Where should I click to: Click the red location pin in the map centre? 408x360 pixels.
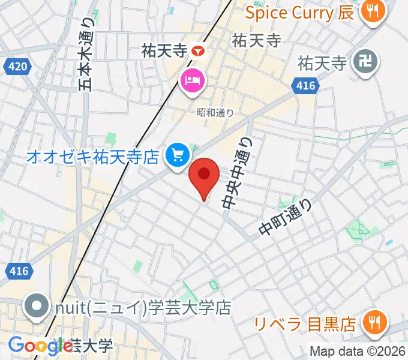[204, 175]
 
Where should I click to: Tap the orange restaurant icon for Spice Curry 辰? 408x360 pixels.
[373, 13]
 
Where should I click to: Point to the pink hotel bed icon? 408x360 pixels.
[192, 79]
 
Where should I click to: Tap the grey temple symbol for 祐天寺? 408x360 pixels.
[363, 61]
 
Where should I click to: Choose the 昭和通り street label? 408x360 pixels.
[215, 112]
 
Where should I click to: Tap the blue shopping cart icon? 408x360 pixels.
[177, 156]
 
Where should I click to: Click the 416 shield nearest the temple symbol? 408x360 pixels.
[305, 86]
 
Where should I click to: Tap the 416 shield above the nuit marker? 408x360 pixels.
[18, 271]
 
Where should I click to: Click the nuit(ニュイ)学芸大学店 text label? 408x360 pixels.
[142, 308]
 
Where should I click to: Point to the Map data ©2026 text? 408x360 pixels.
[357, 352]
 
